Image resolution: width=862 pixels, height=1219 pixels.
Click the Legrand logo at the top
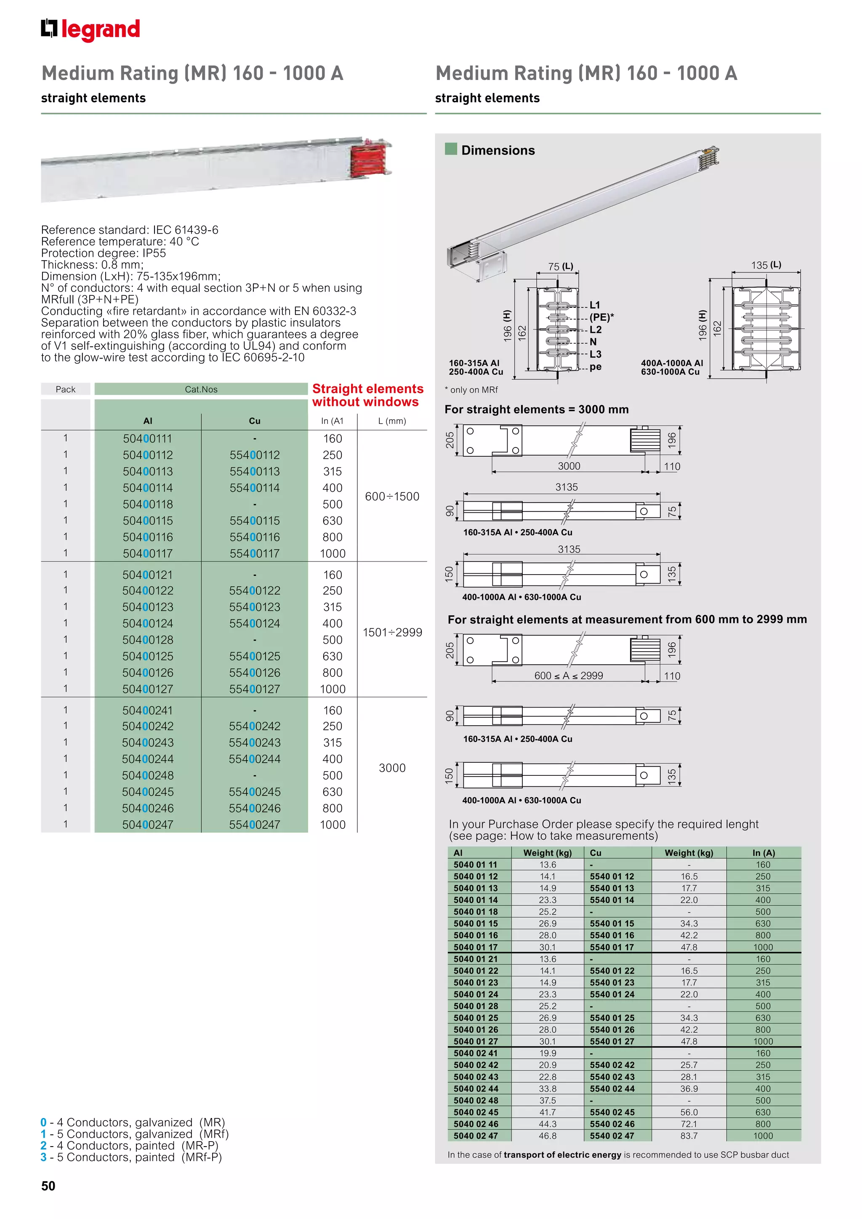90,30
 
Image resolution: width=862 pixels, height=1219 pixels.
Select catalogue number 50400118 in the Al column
148,504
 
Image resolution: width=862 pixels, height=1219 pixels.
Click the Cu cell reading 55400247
254,825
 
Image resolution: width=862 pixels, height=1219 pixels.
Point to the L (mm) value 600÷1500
392,496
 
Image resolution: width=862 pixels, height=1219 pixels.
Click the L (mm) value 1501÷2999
392,632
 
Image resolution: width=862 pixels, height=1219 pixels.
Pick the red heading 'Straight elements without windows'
367,396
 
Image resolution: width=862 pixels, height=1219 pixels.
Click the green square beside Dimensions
451,149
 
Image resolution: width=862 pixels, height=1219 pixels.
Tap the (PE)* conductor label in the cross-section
601,317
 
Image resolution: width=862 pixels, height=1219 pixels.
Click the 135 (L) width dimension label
765,265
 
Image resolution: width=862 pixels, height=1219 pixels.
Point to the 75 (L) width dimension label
561,266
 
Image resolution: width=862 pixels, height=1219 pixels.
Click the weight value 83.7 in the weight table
689,1136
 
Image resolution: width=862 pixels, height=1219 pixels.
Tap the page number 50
48,1186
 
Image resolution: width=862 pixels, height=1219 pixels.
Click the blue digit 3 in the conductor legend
43,1158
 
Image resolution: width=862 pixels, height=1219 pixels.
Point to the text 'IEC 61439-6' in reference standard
185,230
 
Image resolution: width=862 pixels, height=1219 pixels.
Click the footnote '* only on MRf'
471,390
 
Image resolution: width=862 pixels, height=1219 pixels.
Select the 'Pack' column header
65,389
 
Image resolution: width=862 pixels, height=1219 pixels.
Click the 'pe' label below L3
595,366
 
